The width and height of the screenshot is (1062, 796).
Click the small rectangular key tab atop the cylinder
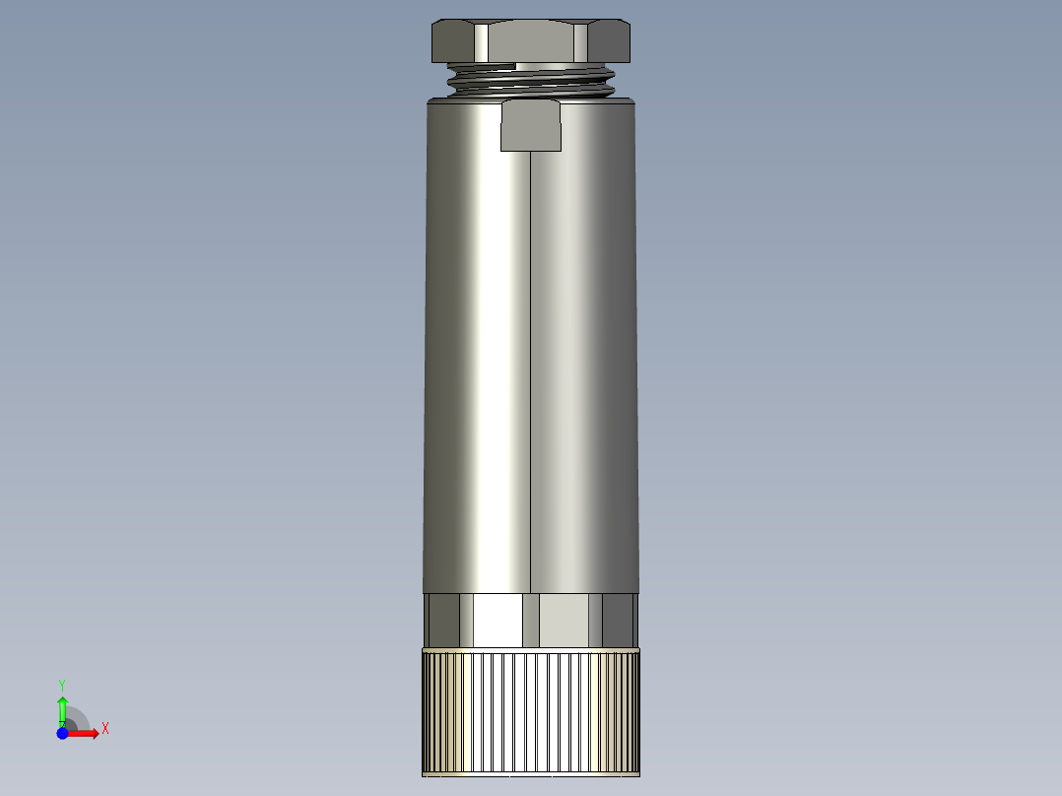tap(531, 125)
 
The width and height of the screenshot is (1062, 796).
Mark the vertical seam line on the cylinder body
tap(531, 374)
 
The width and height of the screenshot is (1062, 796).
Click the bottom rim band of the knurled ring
tap(531, 773)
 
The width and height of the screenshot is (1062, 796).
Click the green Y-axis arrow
tap(62, 707)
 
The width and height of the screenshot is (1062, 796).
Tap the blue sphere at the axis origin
tap(62, 733)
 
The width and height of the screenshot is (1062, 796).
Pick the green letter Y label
tap(62, 684)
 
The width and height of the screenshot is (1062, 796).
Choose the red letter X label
tap(104, 729)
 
